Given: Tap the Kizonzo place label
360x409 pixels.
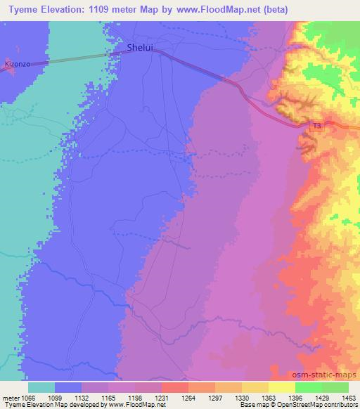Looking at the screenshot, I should pos(18,63).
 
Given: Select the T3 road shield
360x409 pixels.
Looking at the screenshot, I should pos(316,126).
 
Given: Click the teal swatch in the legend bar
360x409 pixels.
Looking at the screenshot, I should pos(41,387).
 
